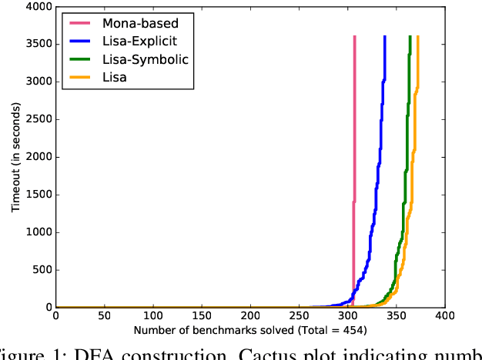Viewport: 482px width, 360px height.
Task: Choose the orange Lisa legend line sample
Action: click(79, 77)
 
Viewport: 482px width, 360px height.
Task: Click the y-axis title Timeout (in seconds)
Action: click(15, 157)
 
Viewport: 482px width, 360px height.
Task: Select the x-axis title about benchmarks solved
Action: click(249, 331)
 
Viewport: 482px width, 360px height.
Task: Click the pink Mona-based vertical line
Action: click(354, 115)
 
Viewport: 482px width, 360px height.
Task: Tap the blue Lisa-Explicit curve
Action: click(377, 192)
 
